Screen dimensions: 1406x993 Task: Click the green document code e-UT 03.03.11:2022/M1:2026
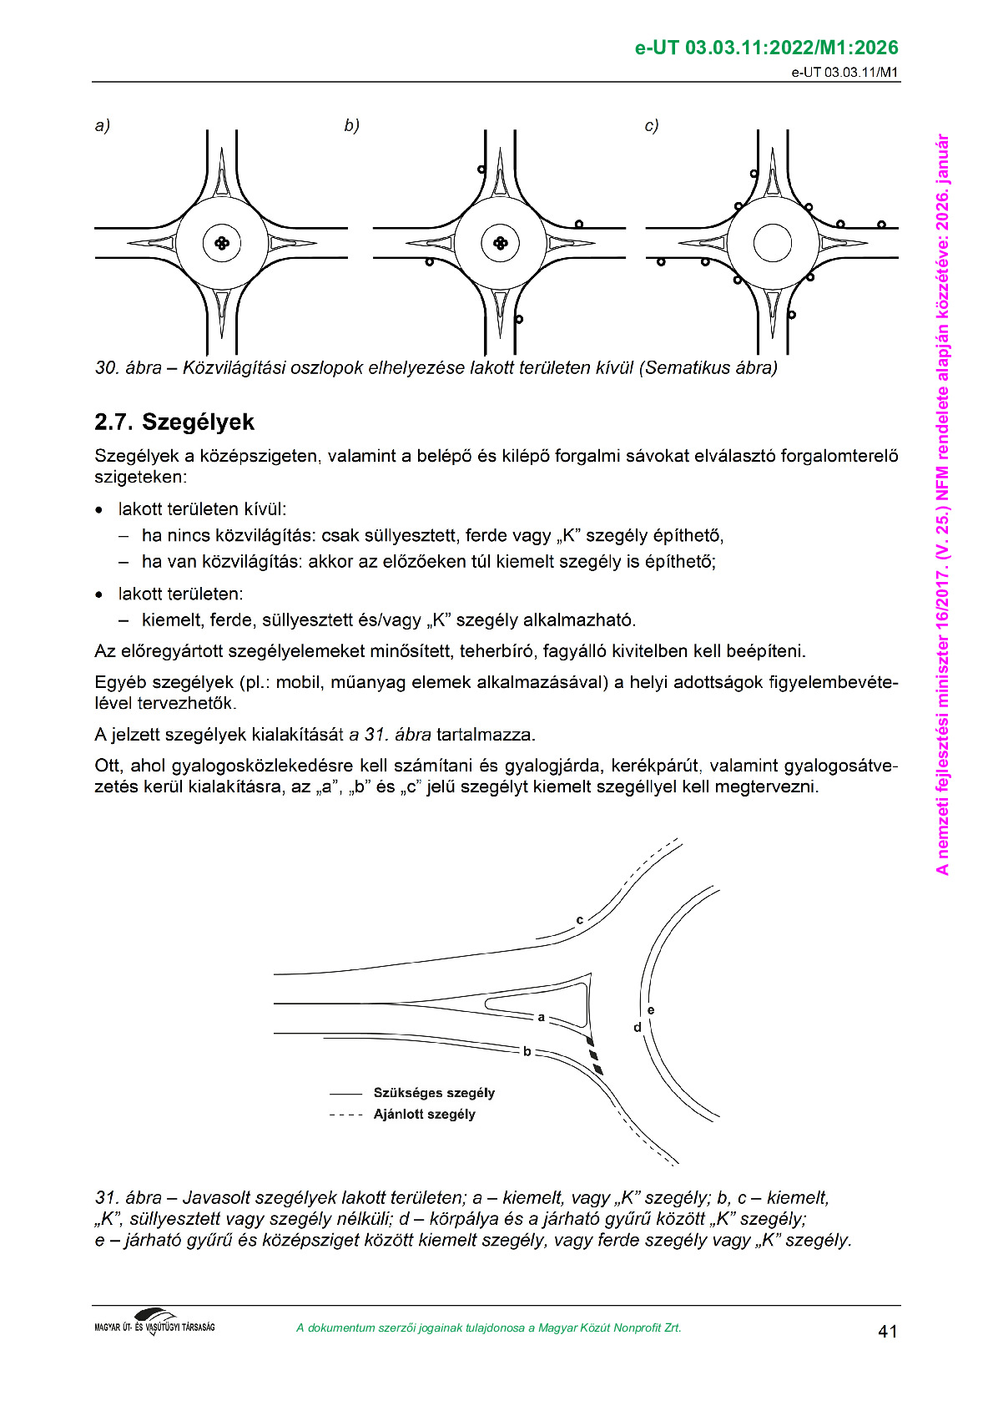766,48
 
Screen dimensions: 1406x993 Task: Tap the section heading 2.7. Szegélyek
174,422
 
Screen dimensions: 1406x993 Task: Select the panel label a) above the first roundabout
103,126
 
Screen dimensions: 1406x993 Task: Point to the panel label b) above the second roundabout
351,126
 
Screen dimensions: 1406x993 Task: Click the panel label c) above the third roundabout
652,126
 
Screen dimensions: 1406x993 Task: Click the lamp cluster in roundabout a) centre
222,243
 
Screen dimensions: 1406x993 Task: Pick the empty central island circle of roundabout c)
772,243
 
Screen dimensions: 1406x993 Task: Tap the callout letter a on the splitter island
542,1017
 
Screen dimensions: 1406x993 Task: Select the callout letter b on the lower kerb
527,1051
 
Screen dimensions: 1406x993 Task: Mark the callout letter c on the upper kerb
579,920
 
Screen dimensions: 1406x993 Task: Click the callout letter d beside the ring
638,1027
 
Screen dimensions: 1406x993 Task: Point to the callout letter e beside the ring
651,1010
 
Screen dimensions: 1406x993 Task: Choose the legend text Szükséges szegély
434,1093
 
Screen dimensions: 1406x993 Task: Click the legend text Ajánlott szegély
424,1115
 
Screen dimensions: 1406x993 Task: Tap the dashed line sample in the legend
346,1115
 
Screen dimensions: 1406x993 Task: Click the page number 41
887,1331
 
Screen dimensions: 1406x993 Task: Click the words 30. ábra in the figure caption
129,368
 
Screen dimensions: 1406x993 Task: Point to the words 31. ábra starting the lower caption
129,1198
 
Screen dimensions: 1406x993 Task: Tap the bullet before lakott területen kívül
100,509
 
